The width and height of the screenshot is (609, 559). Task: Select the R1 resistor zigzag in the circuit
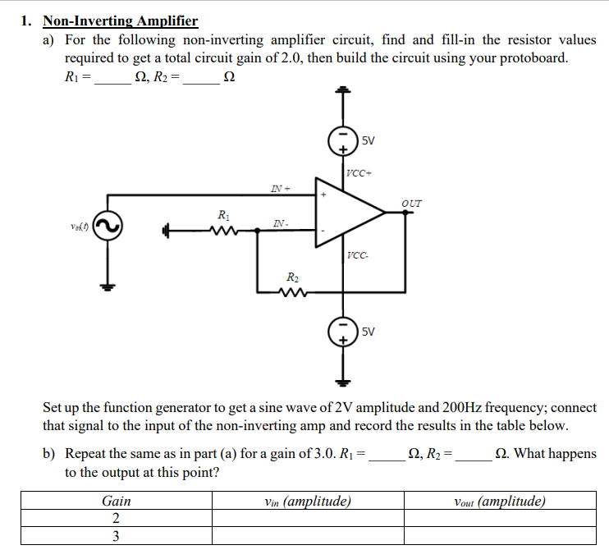click(222, 231)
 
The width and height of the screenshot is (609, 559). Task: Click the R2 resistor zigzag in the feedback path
click(291, 291)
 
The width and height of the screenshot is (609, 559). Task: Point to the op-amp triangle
click(350, 212)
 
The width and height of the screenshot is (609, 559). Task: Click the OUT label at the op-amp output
click(412, 202)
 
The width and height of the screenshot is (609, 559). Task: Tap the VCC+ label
click(359, 173)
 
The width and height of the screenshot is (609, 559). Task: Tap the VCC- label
click(357, 255)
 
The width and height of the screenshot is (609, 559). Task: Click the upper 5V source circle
click(342, 142)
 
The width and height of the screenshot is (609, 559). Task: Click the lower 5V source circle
click(342, 332)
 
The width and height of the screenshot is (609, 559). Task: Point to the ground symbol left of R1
click(167, 231)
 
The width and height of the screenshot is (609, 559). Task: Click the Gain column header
click(116, 501)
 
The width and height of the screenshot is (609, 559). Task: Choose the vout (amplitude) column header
click(499, 501)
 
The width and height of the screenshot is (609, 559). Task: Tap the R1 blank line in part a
click(112, 80)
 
